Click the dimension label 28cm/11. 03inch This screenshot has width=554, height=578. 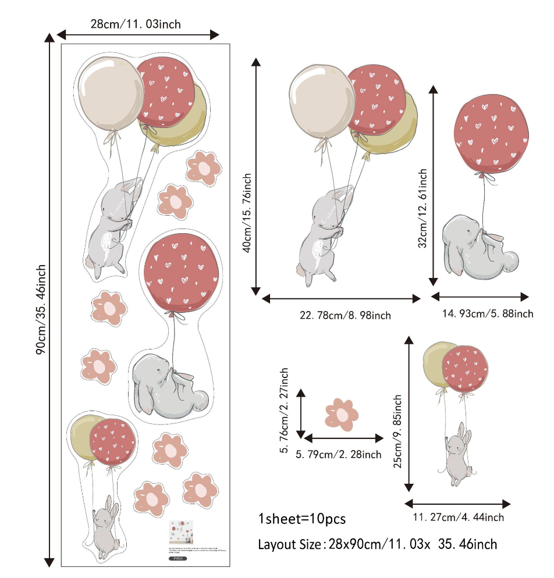(x=136, y=24)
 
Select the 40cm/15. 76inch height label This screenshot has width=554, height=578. (x=247, y=212)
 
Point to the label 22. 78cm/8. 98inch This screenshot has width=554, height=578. (x=345, y=315)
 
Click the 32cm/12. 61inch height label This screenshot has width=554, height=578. (x=423, y=208)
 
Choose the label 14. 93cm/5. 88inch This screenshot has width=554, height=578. (x=488, y=313)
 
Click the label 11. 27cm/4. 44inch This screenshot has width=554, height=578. (x=459, y=517)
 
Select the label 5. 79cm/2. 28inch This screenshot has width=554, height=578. (x=339, y=454)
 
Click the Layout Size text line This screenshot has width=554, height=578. (x=377, y=544)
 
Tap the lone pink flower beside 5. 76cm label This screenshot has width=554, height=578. (x=342, y=414)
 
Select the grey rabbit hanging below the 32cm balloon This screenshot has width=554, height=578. (x=478, y=247)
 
